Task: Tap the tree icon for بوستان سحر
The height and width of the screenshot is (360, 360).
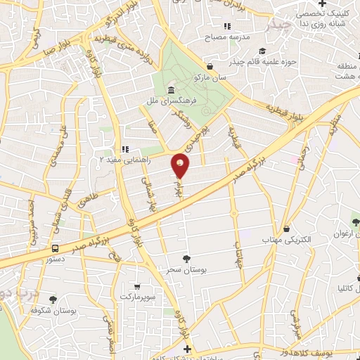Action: pyautogui.click(x=186, y=259)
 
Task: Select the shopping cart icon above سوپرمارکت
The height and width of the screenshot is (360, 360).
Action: pyautogui.click(x=136, y=287)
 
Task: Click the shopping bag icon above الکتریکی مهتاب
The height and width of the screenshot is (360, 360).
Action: pyautogui.click(x=286, y=229)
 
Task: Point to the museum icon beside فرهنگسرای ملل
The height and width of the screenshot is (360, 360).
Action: pyautogui.click(x=172, y=91)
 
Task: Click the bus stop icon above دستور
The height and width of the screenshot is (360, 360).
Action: pyautogui.click(x=54, y=247)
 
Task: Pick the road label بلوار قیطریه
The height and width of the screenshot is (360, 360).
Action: pyautogui.click(x=282, y=112)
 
